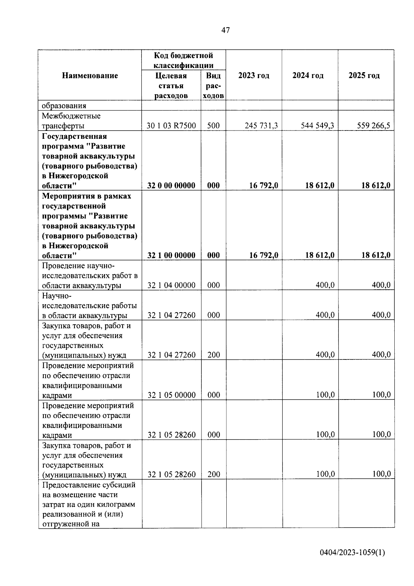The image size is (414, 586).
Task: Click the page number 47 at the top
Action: [x=225, y=30]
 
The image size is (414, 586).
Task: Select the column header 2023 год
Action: [x=254, y=76]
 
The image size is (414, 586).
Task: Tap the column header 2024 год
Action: [x=308, y=76]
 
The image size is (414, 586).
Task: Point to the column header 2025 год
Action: [x=364, y=76]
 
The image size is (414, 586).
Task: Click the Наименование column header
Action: [x=90, y=76]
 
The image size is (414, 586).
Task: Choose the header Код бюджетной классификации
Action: [x=183, y=60]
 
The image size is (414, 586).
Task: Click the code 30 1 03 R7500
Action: [x=171, y=126]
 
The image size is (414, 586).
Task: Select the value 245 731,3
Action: [x=261, y=126]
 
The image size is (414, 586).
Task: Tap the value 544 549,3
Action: [x=317, y=126]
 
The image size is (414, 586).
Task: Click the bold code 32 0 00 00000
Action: [x=171, y=186]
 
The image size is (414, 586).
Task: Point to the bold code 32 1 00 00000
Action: [x=171, y=256]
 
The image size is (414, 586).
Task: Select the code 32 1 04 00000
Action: [x=171, y=285]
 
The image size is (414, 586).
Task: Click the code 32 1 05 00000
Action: [x=171, y=395]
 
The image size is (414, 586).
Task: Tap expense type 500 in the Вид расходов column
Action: [x=213, y=126]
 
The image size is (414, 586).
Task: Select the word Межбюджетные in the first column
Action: [x=71, y=116]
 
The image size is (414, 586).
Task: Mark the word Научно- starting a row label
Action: [x=57, y=296]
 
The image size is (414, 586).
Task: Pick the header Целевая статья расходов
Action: [x=171, y=86]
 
